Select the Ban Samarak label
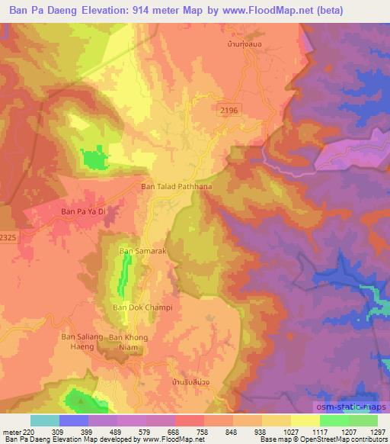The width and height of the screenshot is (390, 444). click(136, 251)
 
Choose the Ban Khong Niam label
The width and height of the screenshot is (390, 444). click(128, 341)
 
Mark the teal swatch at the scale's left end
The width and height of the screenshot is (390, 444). click(44, 420)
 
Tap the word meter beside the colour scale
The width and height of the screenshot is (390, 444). click(11, 431)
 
